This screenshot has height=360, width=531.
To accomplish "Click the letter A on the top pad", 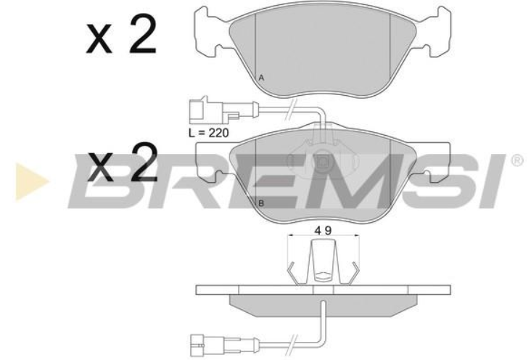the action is tap(261, 78).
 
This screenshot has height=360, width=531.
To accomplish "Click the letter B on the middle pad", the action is tap(261, 203).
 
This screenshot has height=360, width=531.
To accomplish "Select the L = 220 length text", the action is tap(209, 133).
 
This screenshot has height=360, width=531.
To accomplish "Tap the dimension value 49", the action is tap(323, 231).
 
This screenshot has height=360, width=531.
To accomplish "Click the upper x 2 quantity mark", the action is tap(122, 34).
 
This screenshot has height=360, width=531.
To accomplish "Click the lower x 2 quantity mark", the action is tap(123, 162).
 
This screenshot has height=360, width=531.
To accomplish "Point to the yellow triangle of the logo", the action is tap(31, 181).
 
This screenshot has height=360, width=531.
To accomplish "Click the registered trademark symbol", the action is tap(518, 160).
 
